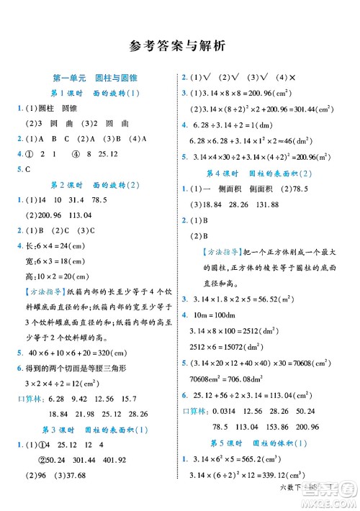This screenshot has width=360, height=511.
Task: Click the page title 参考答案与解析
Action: tap(180, 46)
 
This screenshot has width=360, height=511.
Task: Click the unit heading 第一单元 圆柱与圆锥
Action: tap(91, 78)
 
